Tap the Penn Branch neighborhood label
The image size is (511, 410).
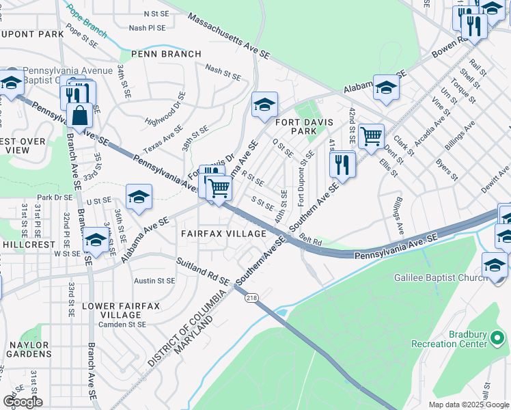coord(166,54)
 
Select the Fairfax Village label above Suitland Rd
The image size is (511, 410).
coord(223,234)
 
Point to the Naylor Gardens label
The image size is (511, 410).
coord(28,350)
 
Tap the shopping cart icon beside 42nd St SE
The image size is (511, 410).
coord(371,135)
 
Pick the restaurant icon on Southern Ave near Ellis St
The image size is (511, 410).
coord(341,164)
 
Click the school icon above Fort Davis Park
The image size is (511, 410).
coord(264,105)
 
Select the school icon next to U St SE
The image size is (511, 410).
coord(139,197)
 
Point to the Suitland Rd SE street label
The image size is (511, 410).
coord(203,272)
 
